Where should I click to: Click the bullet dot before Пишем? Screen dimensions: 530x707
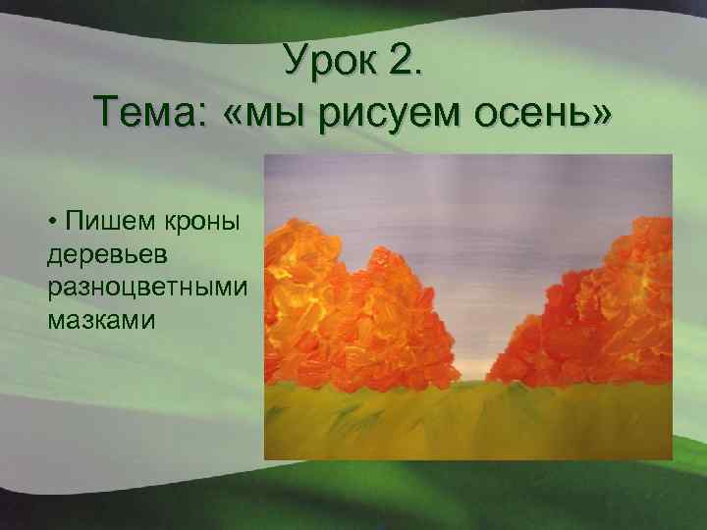pyautogui.click(x=51, y=226)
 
